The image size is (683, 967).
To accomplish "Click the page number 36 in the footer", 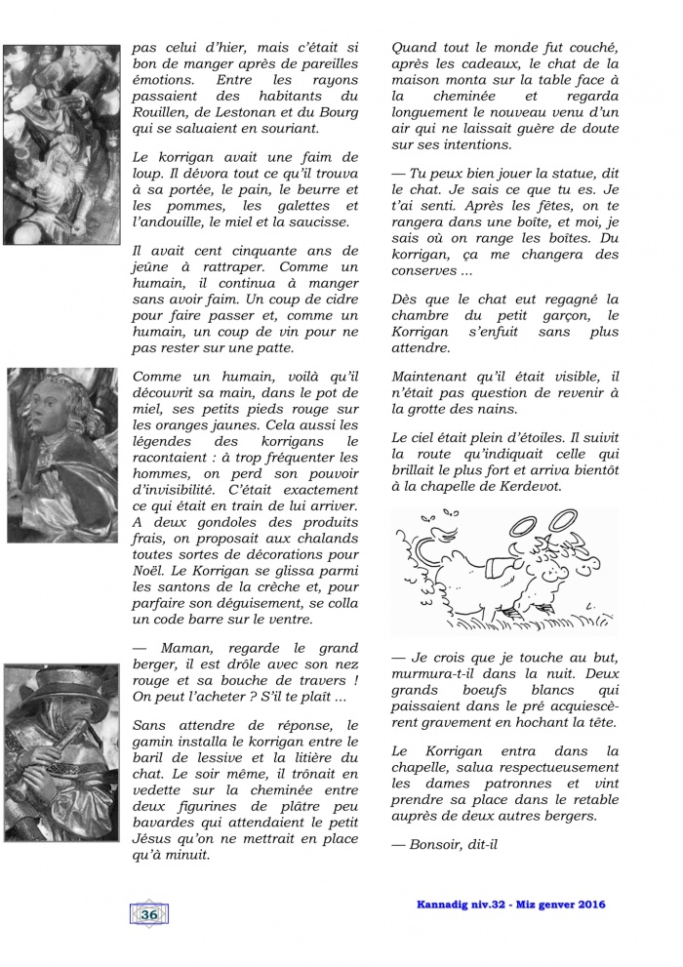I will tap(148, 914).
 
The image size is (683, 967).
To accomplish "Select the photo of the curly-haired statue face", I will tap(60, 433).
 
